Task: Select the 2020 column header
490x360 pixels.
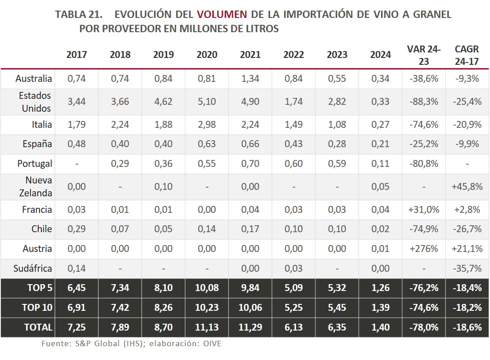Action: [x=207, y=54]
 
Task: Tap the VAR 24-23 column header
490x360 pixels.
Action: [x=424, y=54]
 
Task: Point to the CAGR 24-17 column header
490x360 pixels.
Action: [x=467, y=54]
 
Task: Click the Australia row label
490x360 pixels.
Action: [x=34, y=79]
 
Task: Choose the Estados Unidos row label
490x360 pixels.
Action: [x=35, y=102]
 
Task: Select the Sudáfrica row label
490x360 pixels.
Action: [x=33, y=268]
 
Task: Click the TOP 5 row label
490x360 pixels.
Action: [x=40, y=288]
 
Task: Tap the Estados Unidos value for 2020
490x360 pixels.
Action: [x=207, y=102]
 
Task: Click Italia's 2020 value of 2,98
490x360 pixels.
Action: [x=207, y=125]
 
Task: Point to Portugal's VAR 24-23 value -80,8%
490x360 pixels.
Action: [x=424, y=164]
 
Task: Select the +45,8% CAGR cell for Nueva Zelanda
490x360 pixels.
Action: [x=467, y=187]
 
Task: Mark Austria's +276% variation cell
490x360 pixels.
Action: [x=424, y=249]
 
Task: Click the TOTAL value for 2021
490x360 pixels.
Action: [x=250, y=327]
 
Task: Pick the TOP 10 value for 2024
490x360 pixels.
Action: [x=381, y=308]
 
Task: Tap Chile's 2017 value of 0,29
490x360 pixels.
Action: [x=76, y=229]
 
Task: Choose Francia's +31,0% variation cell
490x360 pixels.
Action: [x=424, y=210]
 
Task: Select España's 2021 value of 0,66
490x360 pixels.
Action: [x=250, y=144]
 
